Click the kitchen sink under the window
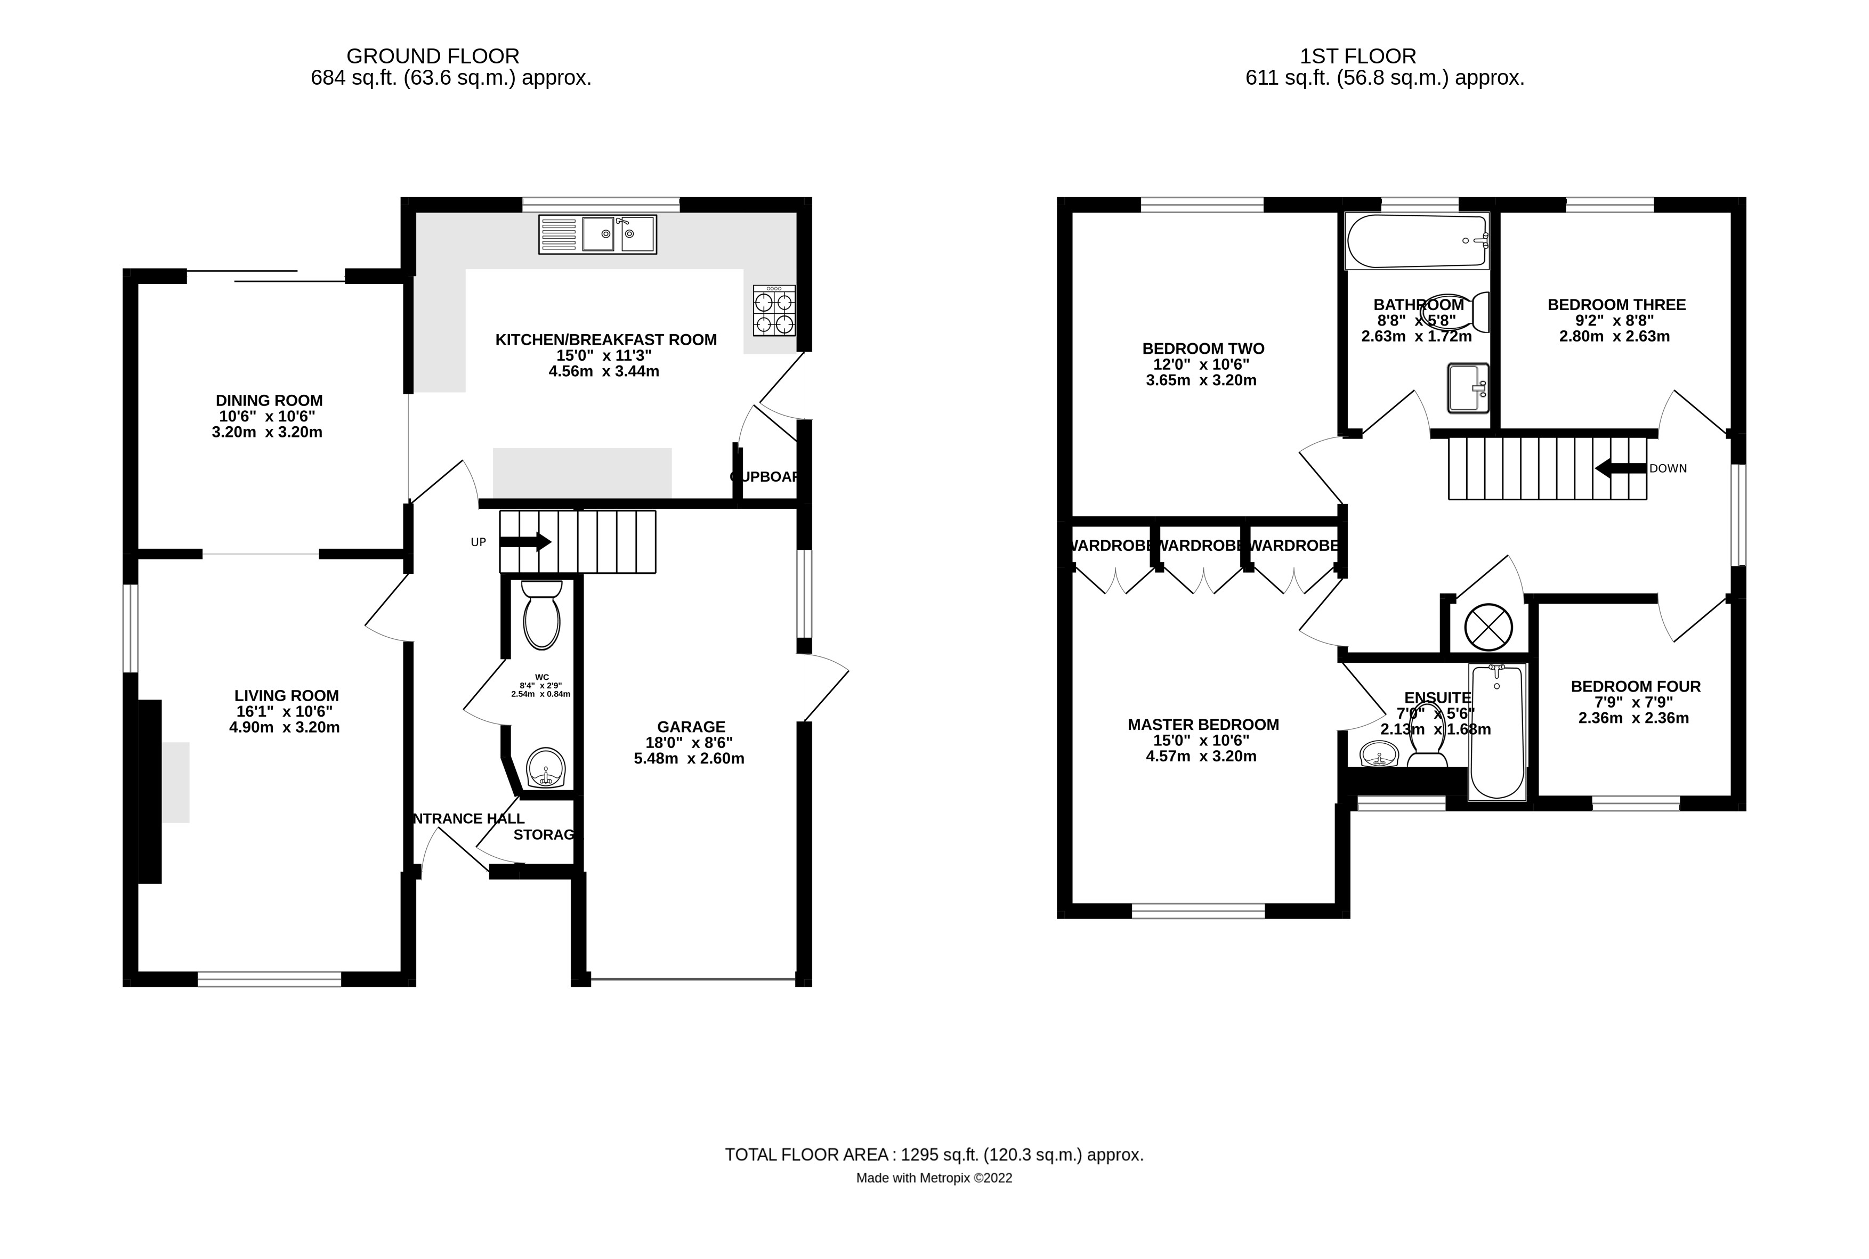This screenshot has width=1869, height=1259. coord(597,234)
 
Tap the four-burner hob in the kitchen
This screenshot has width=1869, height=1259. coord(773,310)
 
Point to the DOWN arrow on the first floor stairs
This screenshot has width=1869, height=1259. coord(1620,468)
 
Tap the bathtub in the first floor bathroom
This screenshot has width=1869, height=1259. coord(1417,240)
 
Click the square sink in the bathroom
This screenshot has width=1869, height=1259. coord(1467,388)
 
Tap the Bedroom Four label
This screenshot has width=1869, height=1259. coord(1635,686)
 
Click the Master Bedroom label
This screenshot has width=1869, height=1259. coord(1202,724)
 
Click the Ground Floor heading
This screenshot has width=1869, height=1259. coord(432,56)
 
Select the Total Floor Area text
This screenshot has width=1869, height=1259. coord(933,1155)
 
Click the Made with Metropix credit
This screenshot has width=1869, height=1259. coord(933,1179)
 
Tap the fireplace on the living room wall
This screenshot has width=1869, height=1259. coord(150,791)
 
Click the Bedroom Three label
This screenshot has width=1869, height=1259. coord(1616,305)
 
